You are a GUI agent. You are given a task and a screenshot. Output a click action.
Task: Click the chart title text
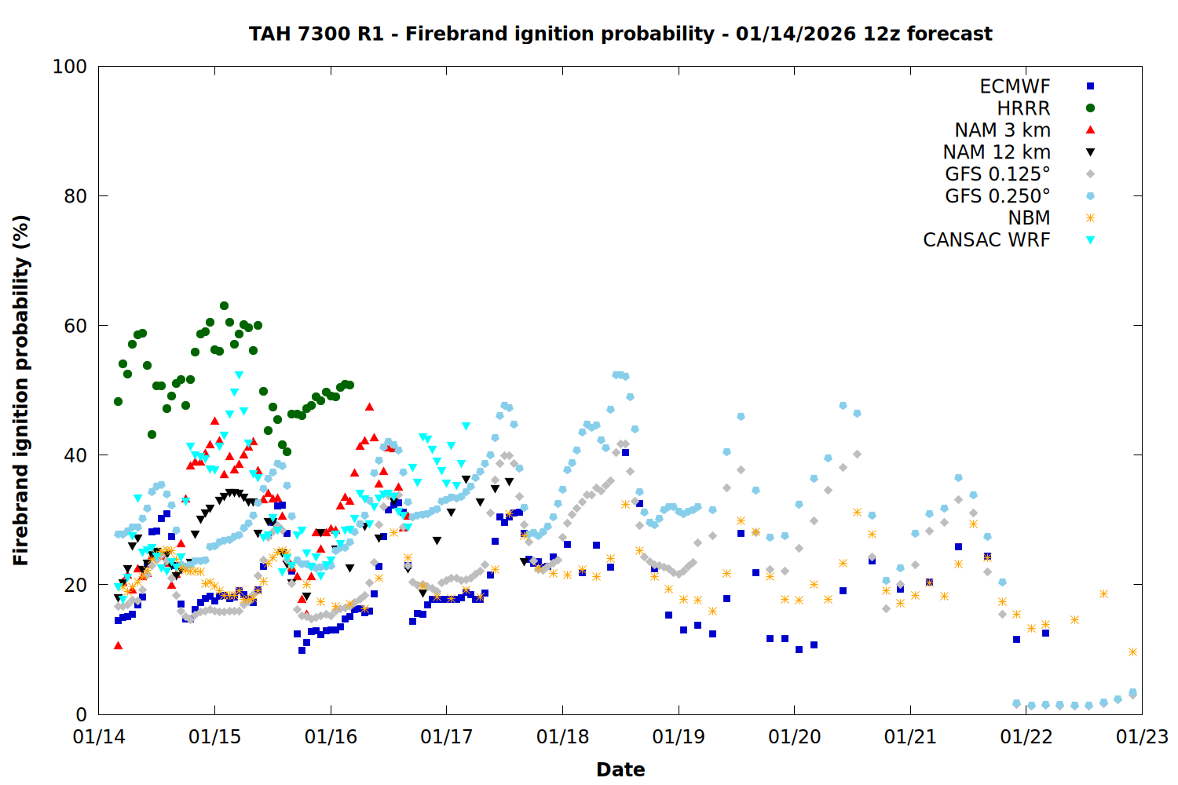coord(620,34)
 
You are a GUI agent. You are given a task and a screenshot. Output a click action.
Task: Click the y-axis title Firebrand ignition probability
coord(21,390)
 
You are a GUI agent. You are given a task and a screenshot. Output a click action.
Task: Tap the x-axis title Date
coord(620,769)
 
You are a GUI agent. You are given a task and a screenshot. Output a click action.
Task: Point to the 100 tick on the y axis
coord(70,67)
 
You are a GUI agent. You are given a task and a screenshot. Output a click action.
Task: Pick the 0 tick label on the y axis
coord(81,714)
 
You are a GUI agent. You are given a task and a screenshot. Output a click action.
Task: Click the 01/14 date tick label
coord(99,737)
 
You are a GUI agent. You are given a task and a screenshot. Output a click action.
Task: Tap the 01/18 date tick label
coord(562,737)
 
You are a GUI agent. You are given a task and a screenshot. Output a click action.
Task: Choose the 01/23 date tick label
coord(1142,737)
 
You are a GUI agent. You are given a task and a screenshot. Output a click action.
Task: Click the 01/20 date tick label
coord(794,737)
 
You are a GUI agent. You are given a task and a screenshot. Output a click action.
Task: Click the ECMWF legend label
coord(1015,86)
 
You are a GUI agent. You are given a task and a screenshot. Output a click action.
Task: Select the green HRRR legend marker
coord(1090,108)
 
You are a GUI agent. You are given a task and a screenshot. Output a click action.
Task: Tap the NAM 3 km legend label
coord(1002,130)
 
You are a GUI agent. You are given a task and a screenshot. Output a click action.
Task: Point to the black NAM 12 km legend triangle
coord(1090,152)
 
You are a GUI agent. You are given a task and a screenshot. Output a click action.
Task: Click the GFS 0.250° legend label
coord(997,196)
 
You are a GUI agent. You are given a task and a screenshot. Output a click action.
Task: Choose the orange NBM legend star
coord(1090,218)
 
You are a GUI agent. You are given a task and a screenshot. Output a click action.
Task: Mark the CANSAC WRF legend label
coord(986,240)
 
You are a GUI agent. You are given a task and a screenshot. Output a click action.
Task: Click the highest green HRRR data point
coord(224,306)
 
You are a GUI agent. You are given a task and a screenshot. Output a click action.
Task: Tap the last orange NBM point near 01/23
coord(1132,652)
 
